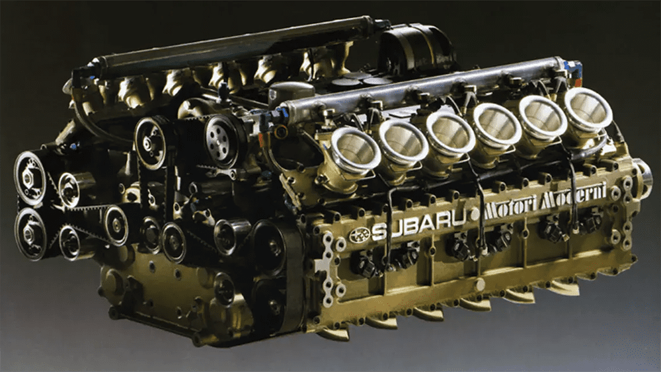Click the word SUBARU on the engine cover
[x=418, y=224]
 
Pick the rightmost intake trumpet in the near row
[x=588, y=110]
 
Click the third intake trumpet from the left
[x=449, y=133]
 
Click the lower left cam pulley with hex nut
[x=30, y=234]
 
